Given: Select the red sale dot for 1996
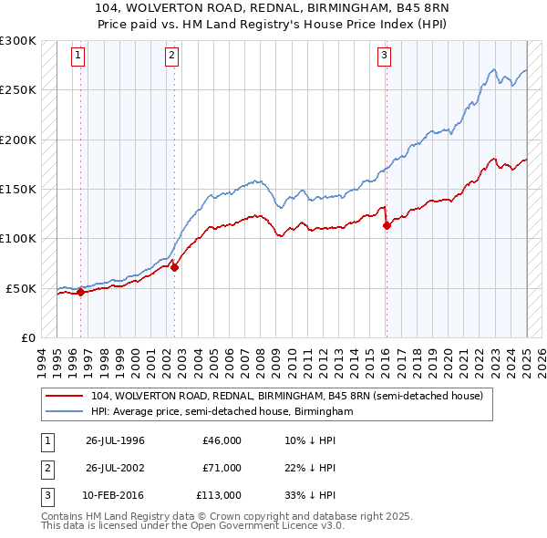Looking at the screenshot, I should click(x=80, y=293).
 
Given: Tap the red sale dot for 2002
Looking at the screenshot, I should click(x=174, y=268).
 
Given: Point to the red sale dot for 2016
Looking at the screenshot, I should click(x=387, y=226).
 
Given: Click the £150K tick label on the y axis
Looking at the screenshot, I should click(x=18, y=190).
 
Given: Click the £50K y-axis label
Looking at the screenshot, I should click(x=21, y=288).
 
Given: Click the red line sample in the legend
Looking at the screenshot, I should click(x=64, y=396).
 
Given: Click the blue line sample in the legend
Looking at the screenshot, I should click(x=64, y=412).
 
